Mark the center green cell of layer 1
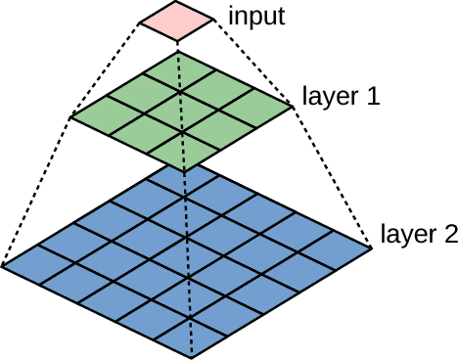coord(181,110)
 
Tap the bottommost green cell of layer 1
coord(183,153)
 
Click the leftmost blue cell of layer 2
coord(37,261)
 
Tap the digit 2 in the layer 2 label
coord(449,234)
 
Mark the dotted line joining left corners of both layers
coord(36,192)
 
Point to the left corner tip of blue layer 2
coord(5,265)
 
